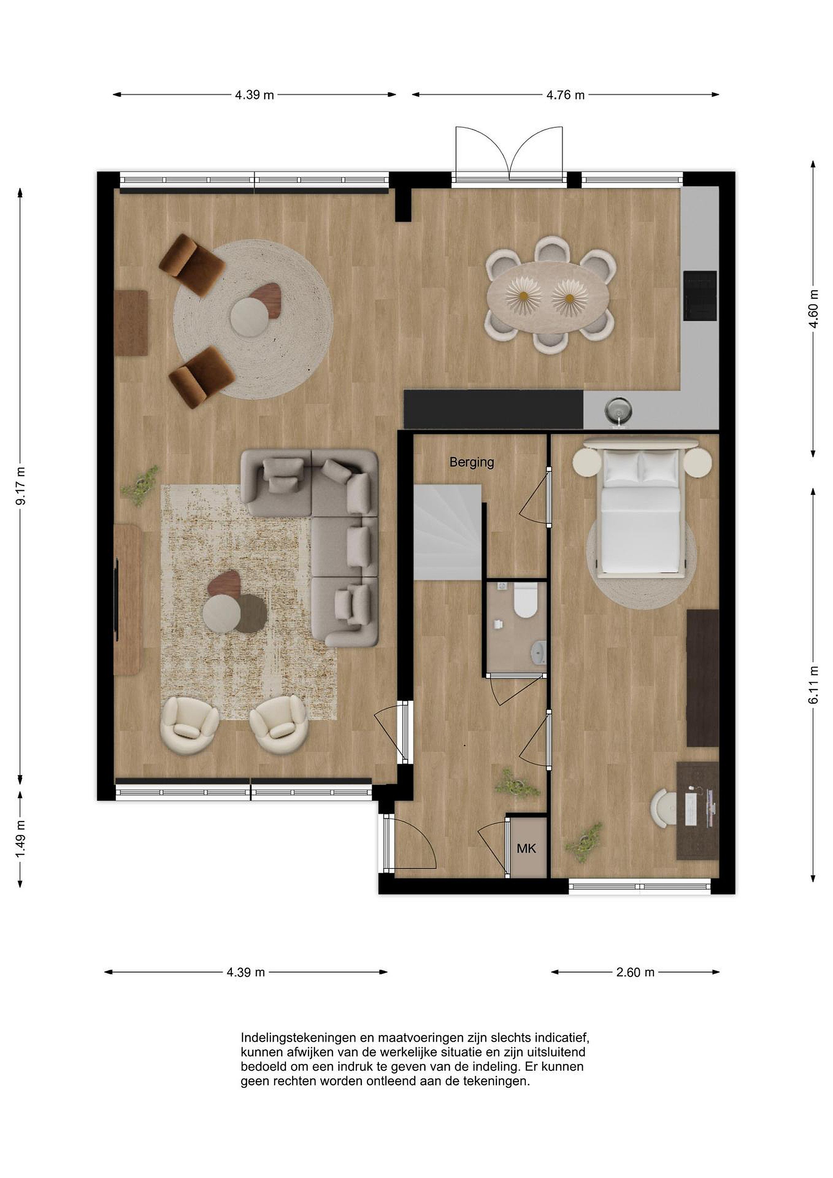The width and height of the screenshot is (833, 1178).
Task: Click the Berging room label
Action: tap(472, 462)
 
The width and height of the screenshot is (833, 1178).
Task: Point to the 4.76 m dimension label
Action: tap(565, 95)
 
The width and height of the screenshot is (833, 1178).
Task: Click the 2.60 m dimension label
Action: tap(635, 972)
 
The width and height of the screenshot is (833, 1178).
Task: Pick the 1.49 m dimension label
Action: tap(20, 839)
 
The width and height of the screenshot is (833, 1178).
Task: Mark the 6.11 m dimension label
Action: tap(813, 685)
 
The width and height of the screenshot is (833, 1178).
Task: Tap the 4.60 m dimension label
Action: tap(813, 308)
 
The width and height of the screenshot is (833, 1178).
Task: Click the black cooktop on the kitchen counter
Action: tap(700, 296)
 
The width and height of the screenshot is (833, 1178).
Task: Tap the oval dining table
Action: tap(548, 298)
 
